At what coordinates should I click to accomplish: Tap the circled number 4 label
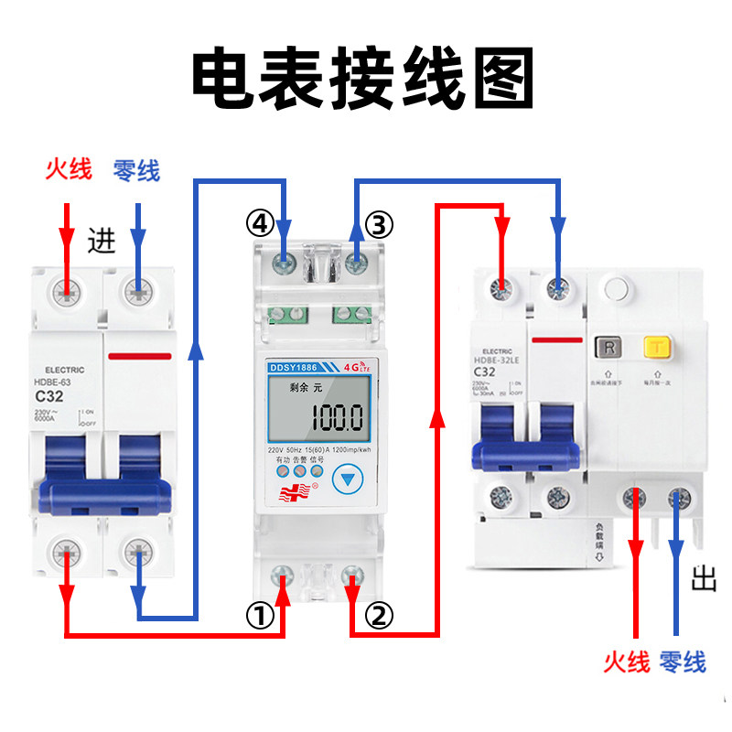click(260, 221)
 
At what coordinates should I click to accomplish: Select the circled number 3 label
click(380, 223)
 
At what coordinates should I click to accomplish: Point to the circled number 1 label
click(260, 616)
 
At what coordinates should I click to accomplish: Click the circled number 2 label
click(381, 615)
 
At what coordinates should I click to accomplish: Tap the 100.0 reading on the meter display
click(336, 419)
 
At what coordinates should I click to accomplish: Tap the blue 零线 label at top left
click(136, 170)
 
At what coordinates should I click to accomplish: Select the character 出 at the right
click(703, 579)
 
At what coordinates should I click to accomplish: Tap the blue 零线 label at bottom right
click(682, 662)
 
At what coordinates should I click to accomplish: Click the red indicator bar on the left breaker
click(139, 355)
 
